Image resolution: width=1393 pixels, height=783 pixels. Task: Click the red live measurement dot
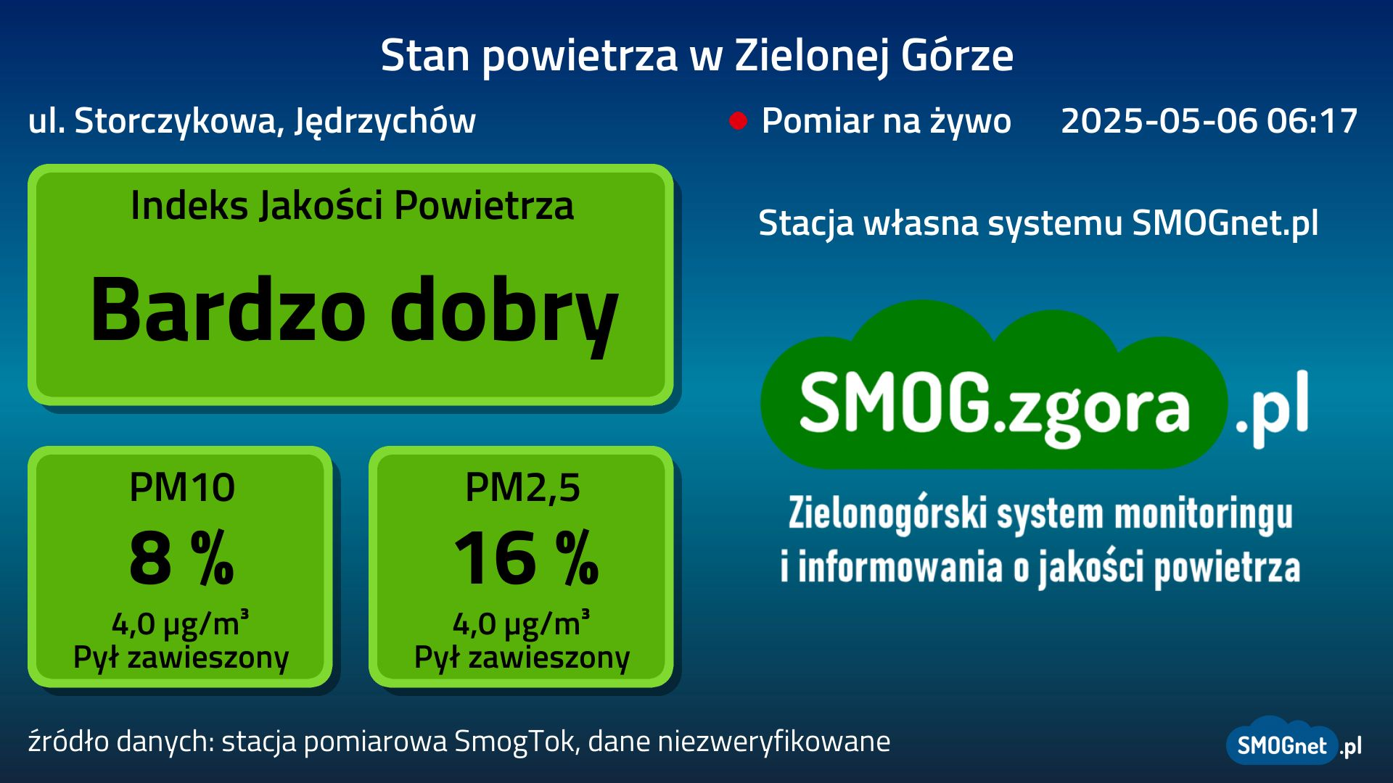738,121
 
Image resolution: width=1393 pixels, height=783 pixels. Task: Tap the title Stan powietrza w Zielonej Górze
696,56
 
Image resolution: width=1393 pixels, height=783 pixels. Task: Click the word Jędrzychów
385,121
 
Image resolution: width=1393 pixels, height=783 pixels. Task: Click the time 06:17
1312,120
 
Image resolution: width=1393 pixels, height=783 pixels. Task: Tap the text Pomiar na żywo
886,121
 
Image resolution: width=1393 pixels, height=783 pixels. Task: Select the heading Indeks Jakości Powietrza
352,206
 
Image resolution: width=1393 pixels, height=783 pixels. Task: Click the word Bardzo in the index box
228,310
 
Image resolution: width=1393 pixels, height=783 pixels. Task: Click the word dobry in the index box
504,313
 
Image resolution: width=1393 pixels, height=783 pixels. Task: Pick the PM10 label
182,487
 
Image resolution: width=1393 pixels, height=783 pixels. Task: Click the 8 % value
182,558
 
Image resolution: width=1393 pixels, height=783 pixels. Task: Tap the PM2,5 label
522,488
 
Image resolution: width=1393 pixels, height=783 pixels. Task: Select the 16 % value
526,558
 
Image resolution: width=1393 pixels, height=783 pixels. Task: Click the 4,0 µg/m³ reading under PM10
181,623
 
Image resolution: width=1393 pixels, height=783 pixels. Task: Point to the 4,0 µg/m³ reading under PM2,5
522,623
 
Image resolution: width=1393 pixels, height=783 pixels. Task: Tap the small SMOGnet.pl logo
1294,742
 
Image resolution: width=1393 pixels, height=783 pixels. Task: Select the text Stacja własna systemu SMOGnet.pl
1038,223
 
